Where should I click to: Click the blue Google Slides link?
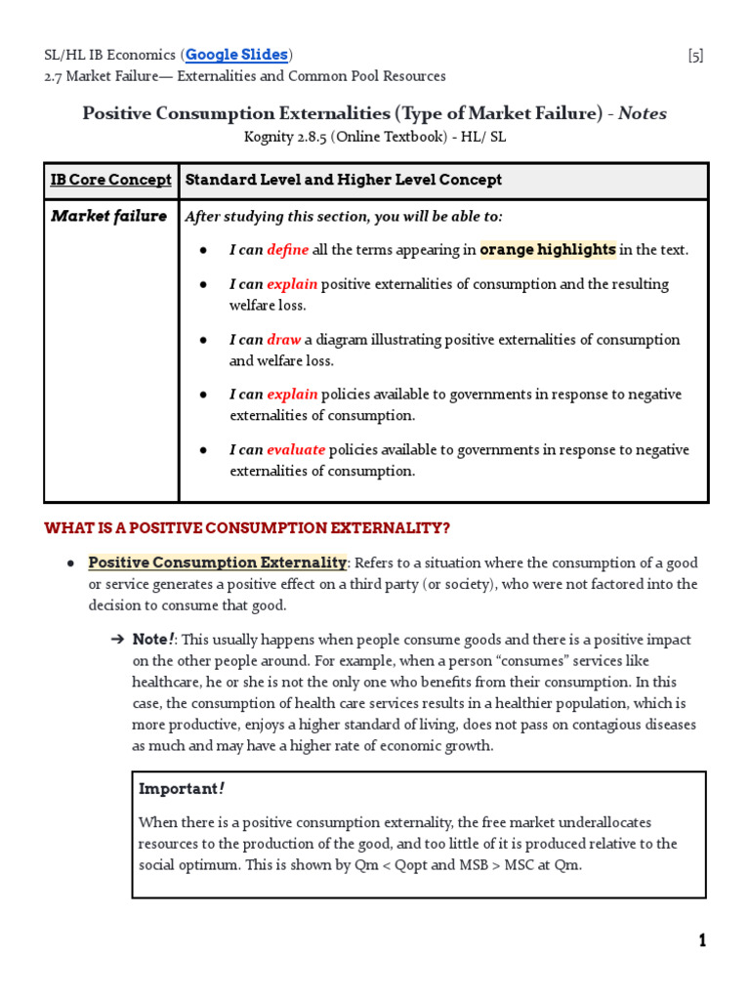click(236, 55)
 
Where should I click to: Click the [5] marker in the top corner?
click(694, 56)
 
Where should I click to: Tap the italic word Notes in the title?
click(643, 113)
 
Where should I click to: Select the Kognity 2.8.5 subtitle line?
click(374, 137)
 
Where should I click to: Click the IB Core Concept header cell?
click(110, 180)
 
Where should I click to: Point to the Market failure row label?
click(108, 216)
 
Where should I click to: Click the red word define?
click(287, 250)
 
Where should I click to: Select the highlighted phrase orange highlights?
click(547, 250)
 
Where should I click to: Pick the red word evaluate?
click(296, 450)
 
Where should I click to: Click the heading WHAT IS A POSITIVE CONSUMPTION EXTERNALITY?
click(247, 528)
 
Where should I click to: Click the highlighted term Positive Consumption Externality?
click(217, 563)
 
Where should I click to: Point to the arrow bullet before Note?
click(117, 640)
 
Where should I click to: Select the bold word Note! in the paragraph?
click(153, 640)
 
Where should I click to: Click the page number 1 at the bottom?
click(701, 940)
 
